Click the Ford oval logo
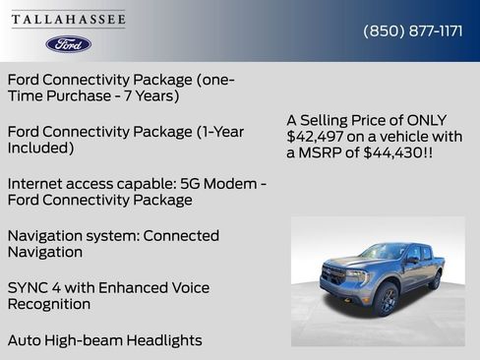click(x=69, y=43)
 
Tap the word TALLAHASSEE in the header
click(x=69, y=20)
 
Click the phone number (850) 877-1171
click(x=412, y=30)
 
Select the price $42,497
click(x=316, y=136)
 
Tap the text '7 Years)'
click(x=148, y=95)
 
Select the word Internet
click(x=37, y=184)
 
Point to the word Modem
click(x=224, y=184)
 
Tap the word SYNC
click(x=28, y=288)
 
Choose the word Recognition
click(x=49, y=304)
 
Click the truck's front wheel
click(x=386, y=299)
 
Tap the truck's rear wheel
click(x=434, y=281)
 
